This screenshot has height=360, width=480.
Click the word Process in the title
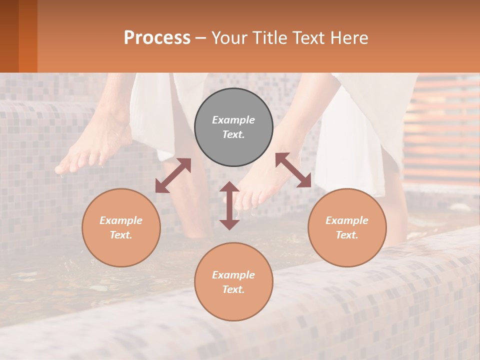click(x=157, y=37)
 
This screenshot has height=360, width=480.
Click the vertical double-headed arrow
click(x=229, y=206)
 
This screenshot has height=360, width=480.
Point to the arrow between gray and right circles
click(x=293, y=170)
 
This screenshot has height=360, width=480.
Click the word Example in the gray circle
click(x=233, y=120)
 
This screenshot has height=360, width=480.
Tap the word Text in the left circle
click(x=121, y=235)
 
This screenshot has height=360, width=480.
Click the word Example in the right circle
click(x=347, y=220)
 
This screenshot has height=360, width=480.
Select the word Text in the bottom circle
click(x=233, y=289)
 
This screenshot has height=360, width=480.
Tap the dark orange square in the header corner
click(x=18, y=36)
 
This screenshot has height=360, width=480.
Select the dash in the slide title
click(x=201, y=38)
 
